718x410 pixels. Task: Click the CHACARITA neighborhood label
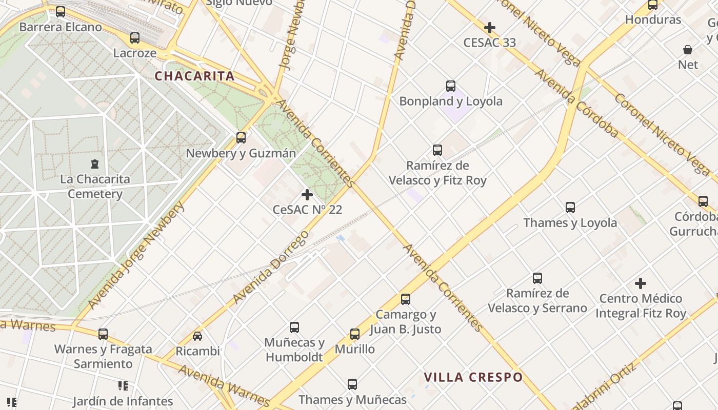click(x=194, y=76)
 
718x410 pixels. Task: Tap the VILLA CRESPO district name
click(x=473, y=378)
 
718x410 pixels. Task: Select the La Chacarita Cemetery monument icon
click(x=95, y=164)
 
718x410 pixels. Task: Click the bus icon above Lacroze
click(x=135, y=38)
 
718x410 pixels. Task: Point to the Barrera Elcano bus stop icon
click(x=61, y=12)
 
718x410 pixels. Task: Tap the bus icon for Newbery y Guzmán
click(x=241, y=138)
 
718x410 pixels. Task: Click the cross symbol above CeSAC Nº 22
click(x=307, y=195)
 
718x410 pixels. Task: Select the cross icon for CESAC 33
click(x=490, y=28)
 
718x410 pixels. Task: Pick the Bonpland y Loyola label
click(x=451, y=101)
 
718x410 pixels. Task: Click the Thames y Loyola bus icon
click(x=570, y=208)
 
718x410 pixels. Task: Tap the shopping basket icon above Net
click(x=688, y=50)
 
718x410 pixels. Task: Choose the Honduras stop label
click(x=653, y=20)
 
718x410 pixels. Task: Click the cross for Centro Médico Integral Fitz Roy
click(x=641, y=283)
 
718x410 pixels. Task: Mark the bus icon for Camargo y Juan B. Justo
click(x=406, y=299)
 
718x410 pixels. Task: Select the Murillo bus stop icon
click(x=355, y=334)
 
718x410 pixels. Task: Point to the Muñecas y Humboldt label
click(x=294, y=350)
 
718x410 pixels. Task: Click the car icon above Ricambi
click(x=197, y=336)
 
